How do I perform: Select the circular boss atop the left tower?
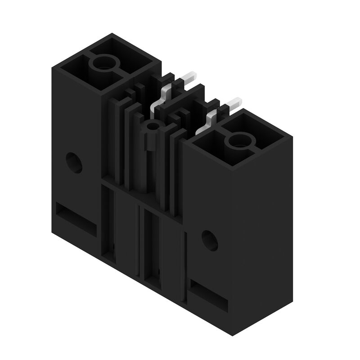(104, 64)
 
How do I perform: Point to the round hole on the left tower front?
(74, 162)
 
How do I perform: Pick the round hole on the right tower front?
(209, 240)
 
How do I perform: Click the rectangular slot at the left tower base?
(76, 219)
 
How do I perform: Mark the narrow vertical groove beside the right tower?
(184, 265)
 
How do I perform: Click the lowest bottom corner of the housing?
(233, 335)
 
